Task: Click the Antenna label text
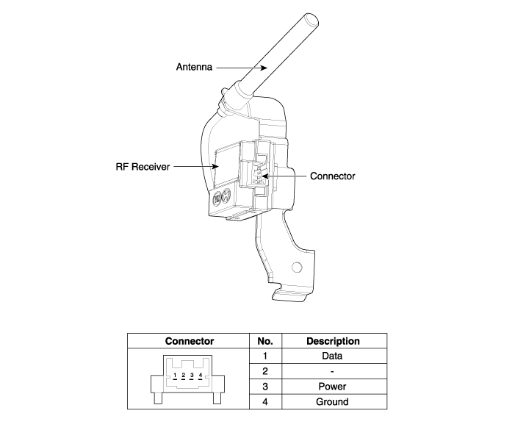(194, 67)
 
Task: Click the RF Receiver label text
(143, 167)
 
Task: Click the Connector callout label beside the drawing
(332, 176)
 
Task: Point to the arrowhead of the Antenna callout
(264, 68)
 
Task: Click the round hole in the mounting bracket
(297, 267)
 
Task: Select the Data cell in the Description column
(332, 356)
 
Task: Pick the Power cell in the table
(332, 387)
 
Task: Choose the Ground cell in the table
(332, 402)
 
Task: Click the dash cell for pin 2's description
(332, 372)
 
